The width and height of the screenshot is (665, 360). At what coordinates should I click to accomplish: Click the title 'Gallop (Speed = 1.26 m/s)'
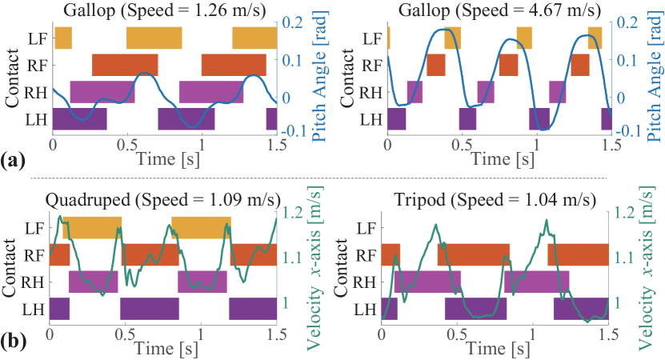[164, 10]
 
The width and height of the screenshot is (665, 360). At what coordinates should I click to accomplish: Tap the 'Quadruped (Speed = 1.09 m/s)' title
[164, 197]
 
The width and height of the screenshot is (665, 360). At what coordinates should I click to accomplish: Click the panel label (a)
[14, 161]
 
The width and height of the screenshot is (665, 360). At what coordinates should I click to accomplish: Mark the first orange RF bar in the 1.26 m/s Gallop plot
[125, 65]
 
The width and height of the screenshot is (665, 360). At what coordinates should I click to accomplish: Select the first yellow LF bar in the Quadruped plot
[92, 227]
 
